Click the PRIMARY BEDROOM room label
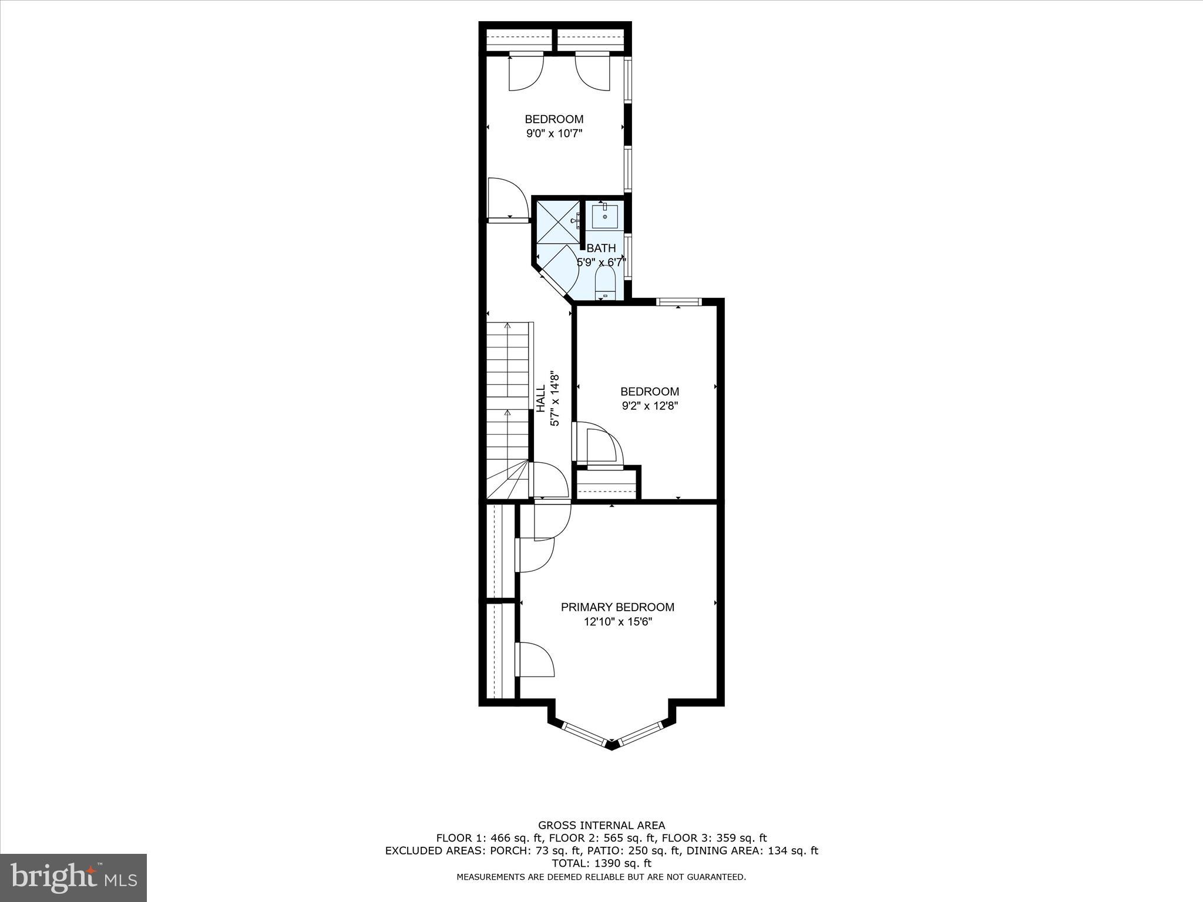[x=617, y=607]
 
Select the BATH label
[x=601, y=248]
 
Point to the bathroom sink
[x=604, y=216]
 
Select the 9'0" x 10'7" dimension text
[x=554, y=134]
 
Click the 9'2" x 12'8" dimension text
[x=650, y=406]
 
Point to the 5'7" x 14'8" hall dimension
[x=554, y=398]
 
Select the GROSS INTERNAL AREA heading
[x=601, y=826]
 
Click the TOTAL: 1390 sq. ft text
[x=601, y=863]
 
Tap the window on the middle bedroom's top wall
[x=678, y=302]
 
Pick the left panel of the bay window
[x=584, y=735]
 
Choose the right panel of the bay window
[x=641, y=733]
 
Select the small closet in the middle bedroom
[x=607, y=483]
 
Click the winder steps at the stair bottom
[x=508, y=480]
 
